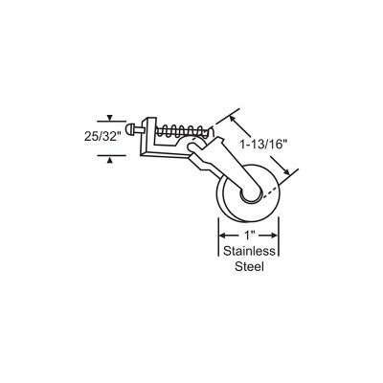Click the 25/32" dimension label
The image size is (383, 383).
(x=103, y=137)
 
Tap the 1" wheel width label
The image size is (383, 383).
(x=249, y=236)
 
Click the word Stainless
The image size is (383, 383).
(x=249, y=251)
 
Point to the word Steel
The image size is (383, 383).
(x=249, y=266)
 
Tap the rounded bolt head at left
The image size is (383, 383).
(x=129, y=129)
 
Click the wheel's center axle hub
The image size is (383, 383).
(x=251, y=195)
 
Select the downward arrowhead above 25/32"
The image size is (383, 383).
(x=109, y=118)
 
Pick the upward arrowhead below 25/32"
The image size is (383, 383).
(x=109, y=161)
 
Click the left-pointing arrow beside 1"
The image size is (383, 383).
(x=229, y=236)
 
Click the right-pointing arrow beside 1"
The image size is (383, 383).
(x=267, y=236)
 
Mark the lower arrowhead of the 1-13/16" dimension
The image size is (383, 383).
(x=286, y=171)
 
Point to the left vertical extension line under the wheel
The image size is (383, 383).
(x=218, y=237)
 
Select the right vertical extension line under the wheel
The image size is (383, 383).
(x=279, y=237)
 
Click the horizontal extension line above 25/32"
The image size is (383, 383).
(x=111, y=122)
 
